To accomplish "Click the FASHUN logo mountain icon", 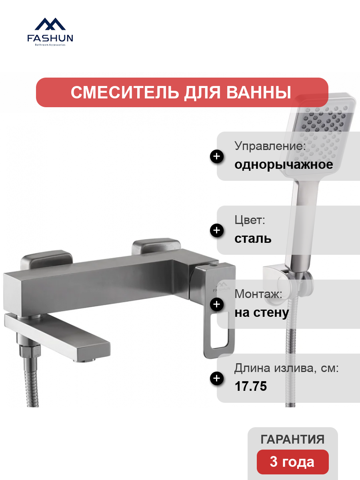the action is click(50, 24).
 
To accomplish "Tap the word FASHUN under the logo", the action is click(50, 38).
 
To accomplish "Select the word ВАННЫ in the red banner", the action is click(258, 92).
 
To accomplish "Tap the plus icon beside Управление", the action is click(217, 156).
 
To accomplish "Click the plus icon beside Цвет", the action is click(217, 230).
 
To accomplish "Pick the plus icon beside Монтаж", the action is click(217, 304).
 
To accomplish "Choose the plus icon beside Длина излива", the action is click(217, 378).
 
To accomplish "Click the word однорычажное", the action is click(284, 165).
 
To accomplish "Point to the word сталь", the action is click(253, 238).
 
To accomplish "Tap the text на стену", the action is click(262, 313).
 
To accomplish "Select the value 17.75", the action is click(251, 386).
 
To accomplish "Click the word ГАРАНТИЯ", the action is click(292, 439).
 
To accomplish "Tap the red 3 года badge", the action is click(292, 462).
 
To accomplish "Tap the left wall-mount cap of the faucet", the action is click(46, 260).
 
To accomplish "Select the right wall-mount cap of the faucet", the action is click(156, 246).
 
